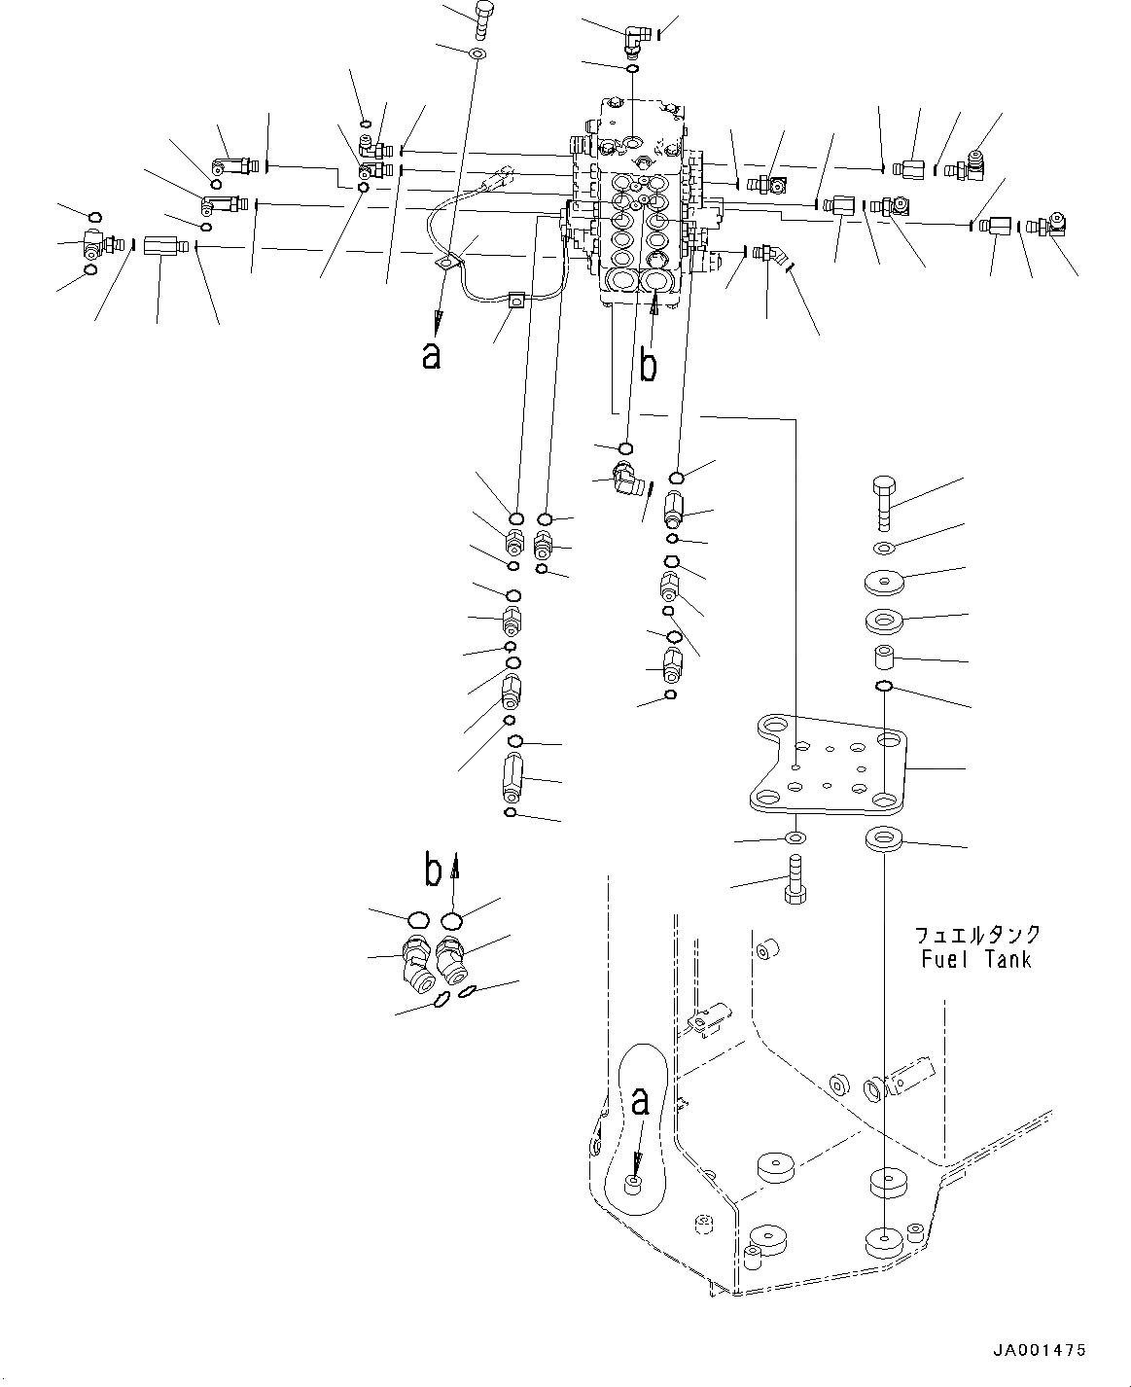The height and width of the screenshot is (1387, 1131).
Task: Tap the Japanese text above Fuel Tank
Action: pyautogui.click(x=977, y=935)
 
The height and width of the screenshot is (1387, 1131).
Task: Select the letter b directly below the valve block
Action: pyautogui.click(x=648, y=366)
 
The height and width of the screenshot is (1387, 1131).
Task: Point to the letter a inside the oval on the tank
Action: pyautogui.click(x=639, y=1102)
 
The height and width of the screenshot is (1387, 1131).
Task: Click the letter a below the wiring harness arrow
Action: pyautogui.click(x=431, y=356)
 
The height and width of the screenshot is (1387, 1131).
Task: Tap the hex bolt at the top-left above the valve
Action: pyautogui.click(x=483, y=17)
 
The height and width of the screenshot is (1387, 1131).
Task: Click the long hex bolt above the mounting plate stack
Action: pyautogui.click(x=884, y=501)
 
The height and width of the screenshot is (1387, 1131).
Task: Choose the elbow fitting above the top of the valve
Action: pyautogui.click(x=636, y=40)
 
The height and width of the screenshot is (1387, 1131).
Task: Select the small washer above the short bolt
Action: pyautogui.click(x=795, y=838)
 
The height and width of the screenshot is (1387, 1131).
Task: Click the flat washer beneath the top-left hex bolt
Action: pyautogui.click(x=477, y=53)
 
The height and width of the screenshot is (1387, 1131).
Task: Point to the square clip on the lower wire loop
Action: pyautogui.click(x=516, y=302)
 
